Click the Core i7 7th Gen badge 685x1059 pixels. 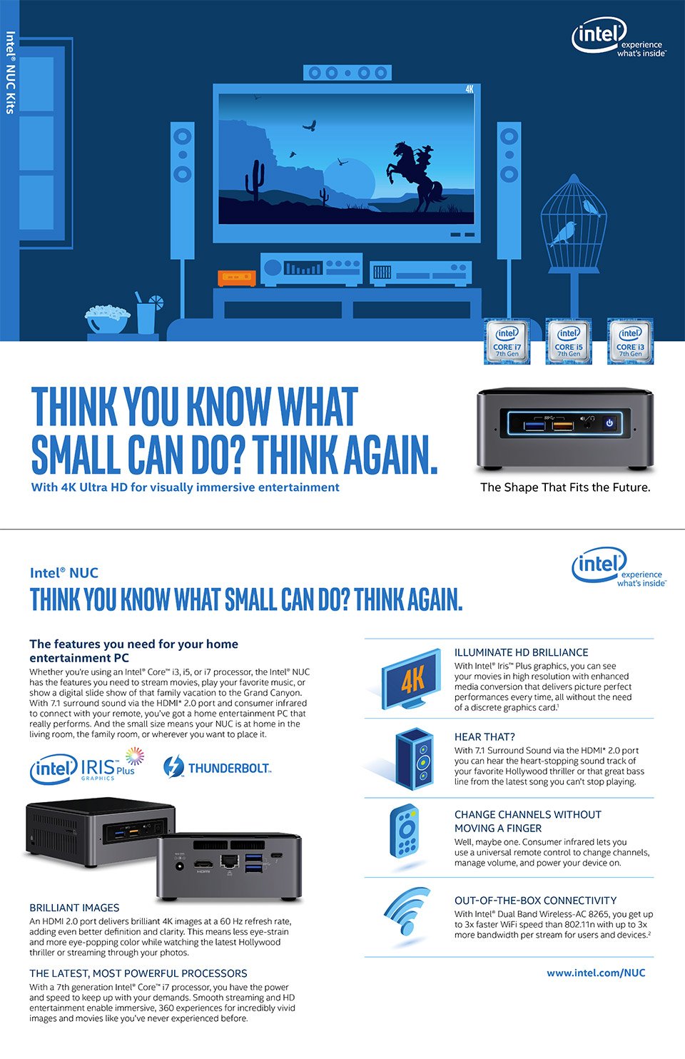(507, 341)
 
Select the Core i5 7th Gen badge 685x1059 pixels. (569, 341)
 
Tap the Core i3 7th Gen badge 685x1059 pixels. (630, 341)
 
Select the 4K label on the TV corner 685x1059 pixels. (470, 89)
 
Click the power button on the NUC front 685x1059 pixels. (609, 422)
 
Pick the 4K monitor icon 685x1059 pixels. (410, 679)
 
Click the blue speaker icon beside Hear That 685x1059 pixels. (414, 759)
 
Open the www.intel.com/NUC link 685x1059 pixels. (596, 973)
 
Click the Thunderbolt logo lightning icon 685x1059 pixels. (173, 767)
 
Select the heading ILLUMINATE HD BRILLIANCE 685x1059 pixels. (521, 652)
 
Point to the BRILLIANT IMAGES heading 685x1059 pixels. (74, 908)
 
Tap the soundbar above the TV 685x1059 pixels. (347, 73)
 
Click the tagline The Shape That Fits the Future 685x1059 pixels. (565, 487)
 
